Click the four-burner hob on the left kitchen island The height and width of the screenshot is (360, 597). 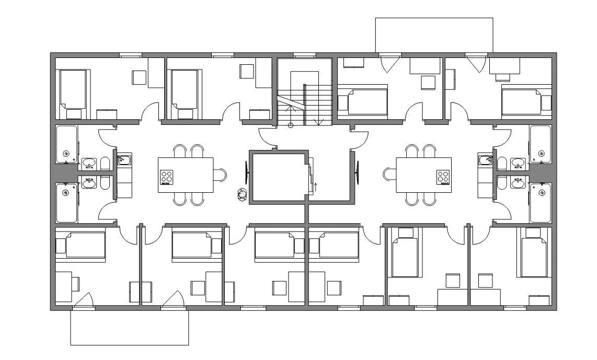[167, 178]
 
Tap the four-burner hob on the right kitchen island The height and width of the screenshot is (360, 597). [443, 178]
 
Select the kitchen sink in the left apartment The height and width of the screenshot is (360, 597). [124, 160]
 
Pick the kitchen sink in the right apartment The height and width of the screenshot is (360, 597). [485, 160]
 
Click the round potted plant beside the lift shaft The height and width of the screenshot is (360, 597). [242, 194]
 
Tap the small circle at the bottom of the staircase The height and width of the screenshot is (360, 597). [291, 125]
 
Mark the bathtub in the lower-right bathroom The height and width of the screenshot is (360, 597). [540, 202]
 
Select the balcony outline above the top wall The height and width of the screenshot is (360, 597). [434, 34]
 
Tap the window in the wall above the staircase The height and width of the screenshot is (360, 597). [304, 55]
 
